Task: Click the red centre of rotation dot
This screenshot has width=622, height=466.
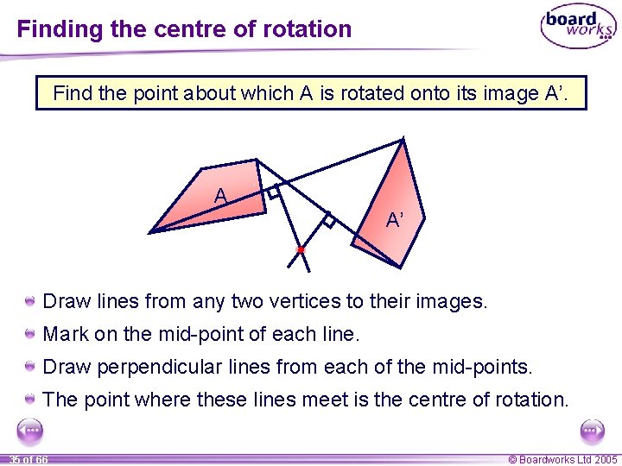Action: click(x=301, y=249)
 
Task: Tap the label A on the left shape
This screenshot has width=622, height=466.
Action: click(x=221, y=197)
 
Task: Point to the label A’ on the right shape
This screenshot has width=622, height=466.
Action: click(x=395, y=221)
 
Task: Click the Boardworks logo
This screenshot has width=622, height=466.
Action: click(x=578, y=28)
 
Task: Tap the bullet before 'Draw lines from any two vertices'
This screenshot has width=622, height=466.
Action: click(x=30, y=302)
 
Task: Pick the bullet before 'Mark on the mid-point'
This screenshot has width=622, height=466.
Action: click(x=30, y=334)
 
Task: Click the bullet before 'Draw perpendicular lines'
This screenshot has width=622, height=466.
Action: click(x=30, y=367)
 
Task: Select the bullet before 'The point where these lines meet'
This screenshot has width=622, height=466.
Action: click(x=30, y=400)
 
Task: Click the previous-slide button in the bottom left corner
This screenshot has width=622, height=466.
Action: click(x=30, y=431)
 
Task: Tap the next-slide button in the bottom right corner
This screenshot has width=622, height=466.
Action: click(x=593, y=431)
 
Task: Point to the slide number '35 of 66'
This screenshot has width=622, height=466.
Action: click(x=28, y=460)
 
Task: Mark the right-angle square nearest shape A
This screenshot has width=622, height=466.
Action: click(x=274, y=193)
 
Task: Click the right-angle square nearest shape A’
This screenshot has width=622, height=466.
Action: click(x=328, y=220)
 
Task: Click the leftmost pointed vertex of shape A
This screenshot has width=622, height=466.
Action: click(x=151, y=232)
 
